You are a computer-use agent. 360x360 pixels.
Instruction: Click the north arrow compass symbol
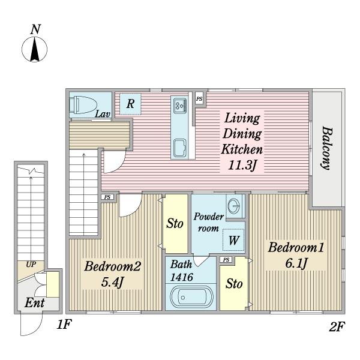(34, 49)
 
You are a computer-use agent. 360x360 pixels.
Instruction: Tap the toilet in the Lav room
(83, 105)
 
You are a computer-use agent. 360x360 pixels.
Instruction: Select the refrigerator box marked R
(130, 104)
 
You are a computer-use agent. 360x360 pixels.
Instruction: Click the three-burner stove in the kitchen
(180, 106)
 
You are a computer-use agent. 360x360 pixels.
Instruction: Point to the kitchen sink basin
(180, 148)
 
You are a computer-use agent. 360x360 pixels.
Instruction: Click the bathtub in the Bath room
(192, 297)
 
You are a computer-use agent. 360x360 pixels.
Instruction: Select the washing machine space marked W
(233, 240)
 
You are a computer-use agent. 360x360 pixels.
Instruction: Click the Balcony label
(326, 148)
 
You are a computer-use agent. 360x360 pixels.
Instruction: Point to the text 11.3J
(242, 165)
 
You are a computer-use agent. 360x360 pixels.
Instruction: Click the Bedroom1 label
(296, 248)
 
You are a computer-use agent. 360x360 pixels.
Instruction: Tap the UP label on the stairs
(31, 265)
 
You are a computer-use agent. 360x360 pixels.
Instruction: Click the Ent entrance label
(34, 303)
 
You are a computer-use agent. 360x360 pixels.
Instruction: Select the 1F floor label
(64, 325)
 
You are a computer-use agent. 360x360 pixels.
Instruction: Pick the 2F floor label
(337, 326)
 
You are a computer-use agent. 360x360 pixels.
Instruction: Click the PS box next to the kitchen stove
(199, 99)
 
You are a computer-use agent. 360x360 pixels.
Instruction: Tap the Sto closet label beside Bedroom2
(175, 223)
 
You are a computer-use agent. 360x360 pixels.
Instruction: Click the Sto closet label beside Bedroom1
(234, 284)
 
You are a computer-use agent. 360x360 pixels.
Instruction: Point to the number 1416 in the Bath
(182, 277)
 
